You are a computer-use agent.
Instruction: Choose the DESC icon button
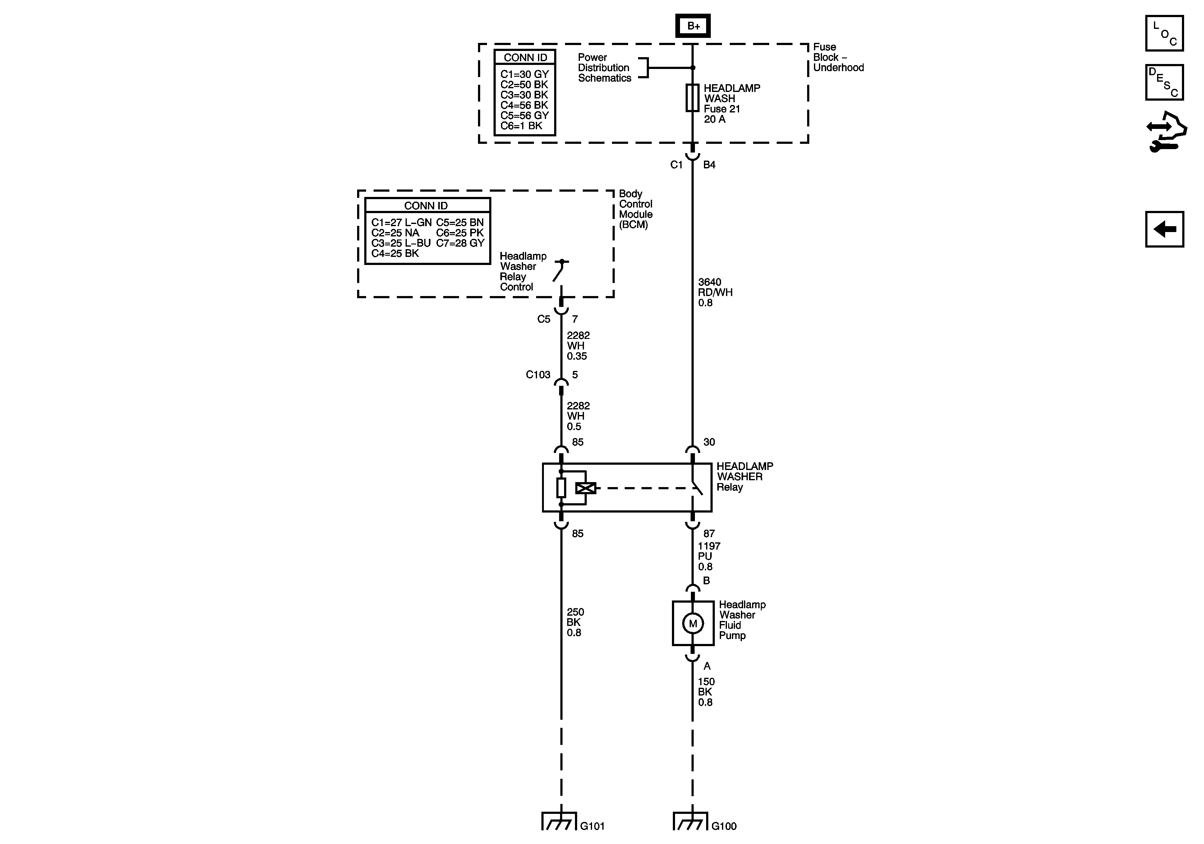click(x=1164, y=82)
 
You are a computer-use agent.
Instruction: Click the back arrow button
click(x=1164, y=229)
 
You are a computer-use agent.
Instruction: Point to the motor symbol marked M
click(x=693, y=623)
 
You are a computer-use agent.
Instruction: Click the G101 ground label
click(x=593, y=826)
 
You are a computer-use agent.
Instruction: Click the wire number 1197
click(x=709, y=546)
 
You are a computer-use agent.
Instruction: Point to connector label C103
click(x=538, y=375)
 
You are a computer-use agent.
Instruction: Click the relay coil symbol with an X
click(x=585, y=488)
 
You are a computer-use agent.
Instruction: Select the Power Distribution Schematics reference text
click(x=604, y=68)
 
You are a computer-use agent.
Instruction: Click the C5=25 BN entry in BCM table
click(x=460, y=222)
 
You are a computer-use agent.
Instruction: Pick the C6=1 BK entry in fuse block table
click(x=521, y=126)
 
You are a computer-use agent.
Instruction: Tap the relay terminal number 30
click(x=709, y=442)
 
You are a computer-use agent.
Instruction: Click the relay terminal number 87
click(x=709, y=533)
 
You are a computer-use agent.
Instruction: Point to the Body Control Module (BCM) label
click(x=636, y=209)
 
